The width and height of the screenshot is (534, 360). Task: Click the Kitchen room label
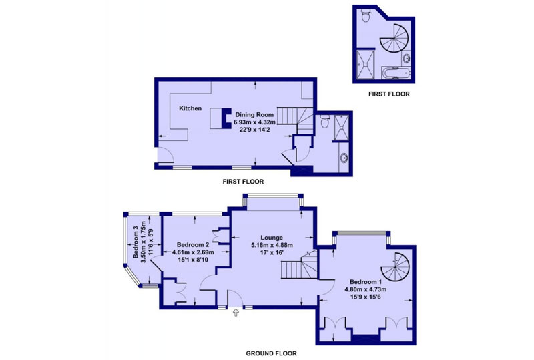pos(190,108)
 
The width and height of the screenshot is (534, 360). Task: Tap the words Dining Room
pos(254,115)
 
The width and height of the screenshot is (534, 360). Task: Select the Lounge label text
pos(272,238)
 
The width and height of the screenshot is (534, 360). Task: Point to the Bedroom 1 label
pos(366,282)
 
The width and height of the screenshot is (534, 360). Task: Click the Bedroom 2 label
pos(193,244)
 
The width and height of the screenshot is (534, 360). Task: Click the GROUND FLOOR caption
pos(271,353)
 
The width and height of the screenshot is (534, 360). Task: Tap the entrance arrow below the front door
pos(236,313)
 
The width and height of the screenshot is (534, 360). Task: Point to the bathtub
pos(396,73)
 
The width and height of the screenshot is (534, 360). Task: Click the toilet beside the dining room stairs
pos(325,121)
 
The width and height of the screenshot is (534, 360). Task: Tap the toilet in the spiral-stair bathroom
pos(366,15)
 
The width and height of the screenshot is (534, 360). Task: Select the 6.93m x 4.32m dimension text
pos(254,122)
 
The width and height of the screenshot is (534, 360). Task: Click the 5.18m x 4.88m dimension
pos(272,245)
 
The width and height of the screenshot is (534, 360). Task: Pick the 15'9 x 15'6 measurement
pos(366,297)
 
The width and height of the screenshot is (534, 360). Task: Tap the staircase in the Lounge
pos(300,264)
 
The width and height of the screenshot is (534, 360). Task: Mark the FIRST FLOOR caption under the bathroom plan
pos(388,94)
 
